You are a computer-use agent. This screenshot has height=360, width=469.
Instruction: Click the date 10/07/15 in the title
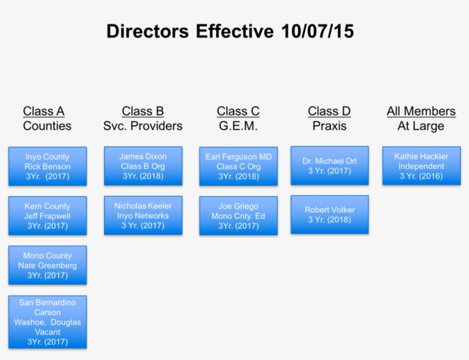317,31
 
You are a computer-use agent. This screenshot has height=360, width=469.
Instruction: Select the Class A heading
43,111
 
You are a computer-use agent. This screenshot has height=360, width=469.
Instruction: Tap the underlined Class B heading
143,111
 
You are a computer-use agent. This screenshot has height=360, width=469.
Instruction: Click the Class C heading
238,111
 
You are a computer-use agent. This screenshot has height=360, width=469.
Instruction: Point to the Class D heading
329,111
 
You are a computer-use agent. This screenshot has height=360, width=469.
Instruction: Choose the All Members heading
421,111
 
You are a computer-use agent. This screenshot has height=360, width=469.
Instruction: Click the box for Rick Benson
47,167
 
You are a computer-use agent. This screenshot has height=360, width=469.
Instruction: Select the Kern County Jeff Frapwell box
47,216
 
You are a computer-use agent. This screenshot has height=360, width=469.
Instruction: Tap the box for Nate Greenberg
47,266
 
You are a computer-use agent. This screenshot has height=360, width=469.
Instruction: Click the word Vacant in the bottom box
47,332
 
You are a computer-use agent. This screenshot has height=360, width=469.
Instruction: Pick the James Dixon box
143,166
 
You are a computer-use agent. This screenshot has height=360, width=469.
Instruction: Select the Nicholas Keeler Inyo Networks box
143,216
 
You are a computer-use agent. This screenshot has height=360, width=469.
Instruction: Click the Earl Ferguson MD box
238,167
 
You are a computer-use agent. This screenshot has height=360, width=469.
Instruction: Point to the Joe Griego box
238,216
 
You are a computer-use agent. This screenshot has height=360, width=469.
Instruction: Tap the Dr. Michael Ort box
329,165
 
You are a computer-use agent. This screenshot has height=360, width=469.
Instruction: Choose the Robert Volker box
329,215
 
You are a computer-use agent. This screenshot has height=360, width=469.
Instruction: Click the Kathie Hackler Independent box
421,166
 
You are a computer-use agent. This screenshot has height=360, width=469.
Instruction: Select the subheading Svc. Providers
143,126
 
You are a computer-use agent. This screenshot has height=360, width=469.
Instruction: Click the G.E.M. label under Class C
238,126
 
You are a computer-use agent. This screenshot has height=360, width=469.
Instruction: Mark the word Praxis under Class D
329,126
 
